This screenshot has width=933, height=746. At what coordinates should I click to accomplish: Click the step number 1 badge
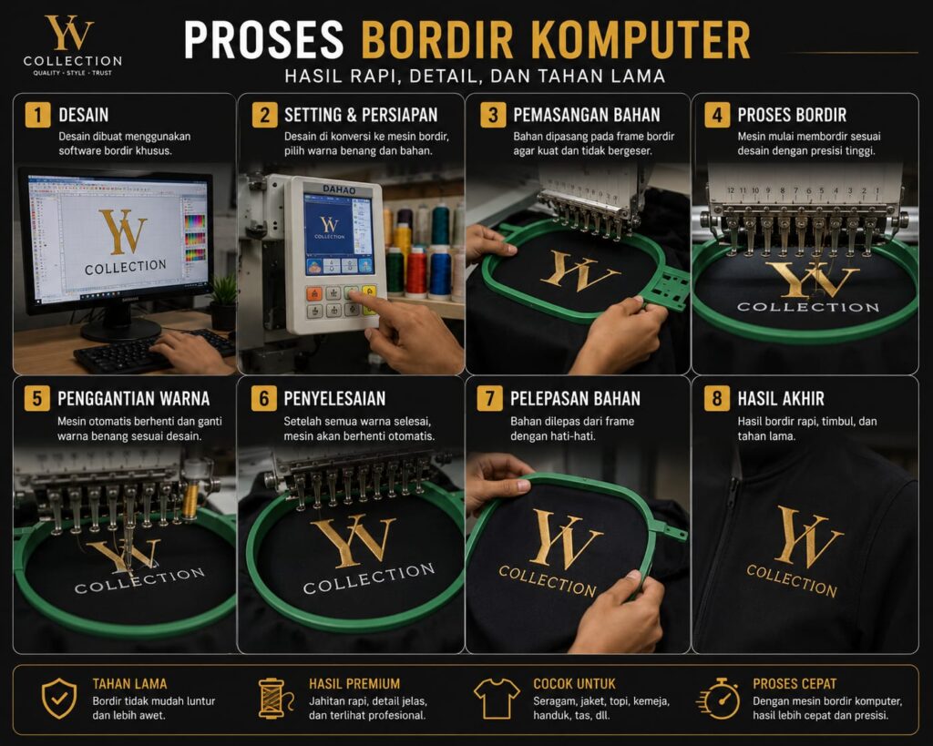pyautogui.click(x=37, y=115)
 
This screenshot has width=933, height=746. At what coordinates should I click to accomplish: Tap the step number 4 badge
pyautogui.click(x=717, y=115)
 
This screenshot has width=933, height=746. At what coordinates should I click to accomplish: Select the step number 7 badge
pyautogui.click(x=489, y=398)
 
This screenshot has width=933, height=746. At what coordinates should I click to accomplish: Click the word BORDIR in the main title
pyautogui.click(x=437, y=40)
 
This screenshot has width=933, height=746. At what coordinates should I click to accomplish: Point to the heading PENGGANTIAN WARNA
pyautogui.click(x=133, y=399)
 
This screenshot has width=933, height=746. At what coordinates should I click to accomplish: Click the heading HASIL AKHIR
pyautogui.click(x=781, y=399)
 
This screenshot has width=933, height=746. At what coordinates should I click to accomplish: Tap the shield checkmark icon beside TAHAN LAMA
pyautogui.click(x=59, y=699)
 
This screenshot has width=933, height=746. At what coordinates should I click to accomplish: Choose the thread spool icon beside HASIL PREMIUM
pyautogui.click(x=275, y=699)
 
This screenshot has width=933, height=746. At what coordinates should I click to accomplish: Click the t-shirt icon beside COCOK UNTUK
pyautogui.click(x=497, y=699)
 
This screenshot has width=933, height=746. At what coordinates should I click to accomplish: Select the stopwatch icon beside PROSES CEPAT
pyautogui.click(x=720, y=699)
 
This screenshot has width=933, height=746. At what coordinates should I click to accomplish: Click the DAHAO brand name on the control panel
pyautogui.click(x=339, y=189)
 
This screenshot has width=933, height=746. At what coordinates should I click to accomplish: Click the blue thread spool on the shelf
pyautogui.click(x=440, y=271)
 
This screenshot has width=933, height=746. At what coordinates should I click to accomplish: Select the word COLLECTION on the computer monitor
pyautogui.click(x=126, y=267)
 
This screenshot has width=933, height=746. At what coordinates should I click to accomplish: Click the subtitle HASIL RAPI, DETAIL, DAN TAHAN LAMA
pyautogui.click(x=475, y=77)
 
